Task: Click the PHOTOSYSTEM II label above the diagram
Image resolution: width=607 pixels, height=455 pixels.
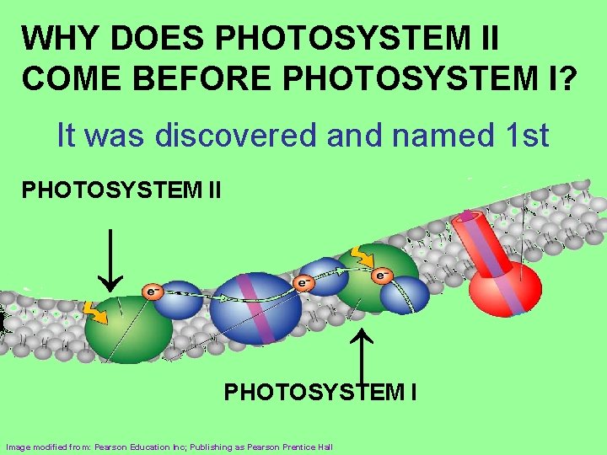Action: tap(121, 190)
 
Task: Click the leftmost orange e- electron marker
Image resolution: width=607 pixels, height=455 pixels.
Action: tap(152, 292)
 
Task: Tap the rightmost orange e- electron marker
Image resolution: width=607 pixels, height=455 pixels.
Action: tap(382, 275)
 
